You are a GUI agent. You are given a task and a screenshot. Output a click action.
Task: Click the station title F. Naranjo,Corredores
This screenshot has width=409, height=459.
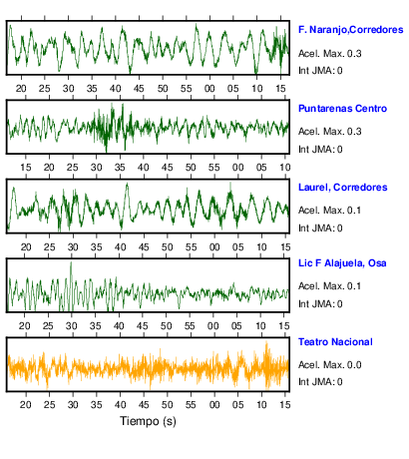(351, 30)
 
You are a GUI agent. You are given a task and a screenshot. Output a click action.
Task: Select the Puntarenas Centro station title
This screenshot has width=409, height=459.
(342, 109)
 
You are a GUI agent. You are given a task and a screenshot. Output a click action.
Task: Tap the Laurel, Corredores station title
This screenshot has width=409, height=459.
(343, 188)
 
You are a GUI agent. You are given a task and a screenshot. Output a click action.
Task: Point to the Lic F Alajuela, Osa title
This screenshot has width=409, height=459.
(342, 263)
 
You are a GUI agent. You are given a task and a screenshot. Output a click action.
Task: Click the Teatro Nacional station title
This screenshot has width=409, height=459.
(335, 342)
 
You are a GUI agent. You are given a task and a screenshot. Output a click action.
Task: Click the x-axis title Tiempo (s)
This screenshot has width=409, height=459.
(148, 421)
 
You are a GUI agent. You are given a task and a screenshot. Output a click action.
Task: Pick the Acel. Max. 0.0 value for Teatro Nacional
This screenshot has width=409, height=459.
(330, 365)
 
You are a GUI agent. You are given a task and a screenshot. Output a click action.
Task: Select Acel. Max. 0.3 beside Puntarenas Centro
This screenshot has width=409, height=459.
(330, 132)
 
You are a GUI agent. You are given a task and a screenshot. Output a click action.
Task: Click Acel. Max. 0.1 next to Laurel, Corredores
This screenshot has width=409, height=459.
(329, 211)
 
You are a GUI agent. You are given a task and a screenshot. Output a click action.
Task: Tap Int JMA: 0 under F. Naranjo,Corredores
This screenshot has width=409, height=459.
(320, 71)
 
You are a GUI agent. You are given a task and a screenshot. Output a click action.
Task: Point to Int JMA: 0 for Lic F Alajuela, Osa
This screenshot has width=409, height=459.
(320, 304)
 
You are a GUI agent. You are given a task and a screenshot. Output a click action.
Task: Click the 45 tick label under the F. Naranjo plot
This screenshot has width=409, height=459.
(139, 89)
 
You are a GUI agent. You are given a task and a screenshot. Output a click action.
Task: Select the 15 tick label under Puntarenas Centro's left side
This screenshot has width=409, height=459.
(25, 168)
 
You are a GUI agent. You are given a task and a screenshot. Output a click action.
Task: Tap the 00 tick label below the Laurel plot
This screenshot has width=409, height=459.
(214, 247)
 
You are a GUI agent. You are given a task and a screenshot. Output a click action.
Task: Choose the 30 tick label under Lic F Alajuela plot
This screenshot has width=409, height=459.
(72, 326)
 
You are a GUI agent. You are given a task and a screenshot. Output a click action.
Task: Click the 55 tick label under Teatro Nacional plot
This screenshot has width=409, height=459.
(191, 405)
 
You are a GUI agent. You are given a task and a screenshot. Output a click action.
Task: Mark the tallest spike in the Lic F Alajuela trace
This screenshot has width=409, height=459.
(71, 262)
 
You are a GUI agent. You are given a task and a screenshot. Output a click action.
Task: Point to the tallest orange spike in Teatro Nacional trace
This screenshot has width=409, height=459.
(266, 342)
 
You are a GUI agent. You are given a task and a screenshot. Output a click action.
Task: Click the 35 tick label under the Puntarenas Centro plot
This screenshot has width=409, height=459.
(120, 168)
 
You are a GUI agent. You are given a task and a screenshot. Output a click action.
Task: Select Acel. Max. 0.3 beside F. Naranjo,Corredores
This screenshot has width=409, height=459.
(330, 54)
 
